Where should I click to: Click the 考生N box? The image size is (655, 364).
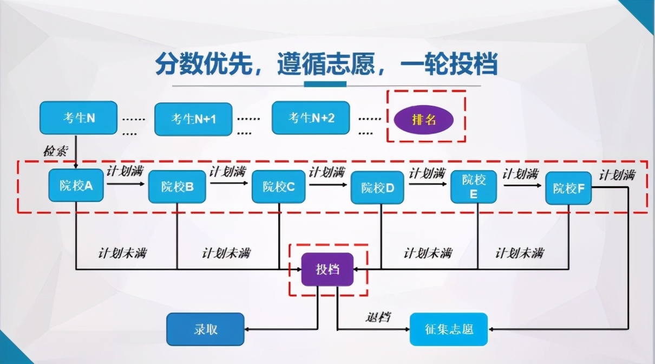78,118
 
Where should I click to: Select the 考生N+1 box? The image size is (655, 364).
193,119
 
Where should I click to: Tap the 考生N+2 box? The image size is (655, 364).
311,118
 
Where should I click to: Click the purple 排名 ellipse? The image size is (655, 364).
424,120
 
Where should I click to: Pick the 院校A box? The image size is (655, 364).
76,185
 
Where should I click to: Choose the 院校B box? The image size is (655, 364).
177,187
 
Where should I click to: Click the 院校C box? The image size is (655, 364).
279,187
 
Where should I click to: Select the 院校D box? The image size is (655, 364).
377,187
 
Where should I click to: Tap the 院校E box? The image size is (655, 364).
474,187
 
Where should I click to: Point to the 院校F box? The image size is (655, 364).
568,188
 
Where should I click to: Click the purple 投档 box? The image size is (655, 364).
327,270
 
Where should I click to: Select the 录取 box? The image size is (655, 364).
205,329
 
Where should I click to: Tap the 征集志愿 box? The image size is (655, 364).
449,329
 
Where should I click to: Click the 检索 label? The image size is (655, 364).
56,151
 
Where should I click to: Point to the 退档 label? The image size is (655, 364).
378,317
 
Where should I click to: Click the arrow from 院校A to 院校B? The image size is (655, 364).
126,184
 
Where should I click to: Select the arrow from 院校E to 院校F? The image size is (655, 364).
522,185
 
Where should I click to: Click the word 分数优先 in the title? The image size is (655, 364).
204,64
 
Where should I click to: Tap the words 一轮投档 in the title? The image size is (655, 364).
449,64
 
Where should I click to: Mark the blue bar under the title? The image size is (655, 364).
325,84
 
